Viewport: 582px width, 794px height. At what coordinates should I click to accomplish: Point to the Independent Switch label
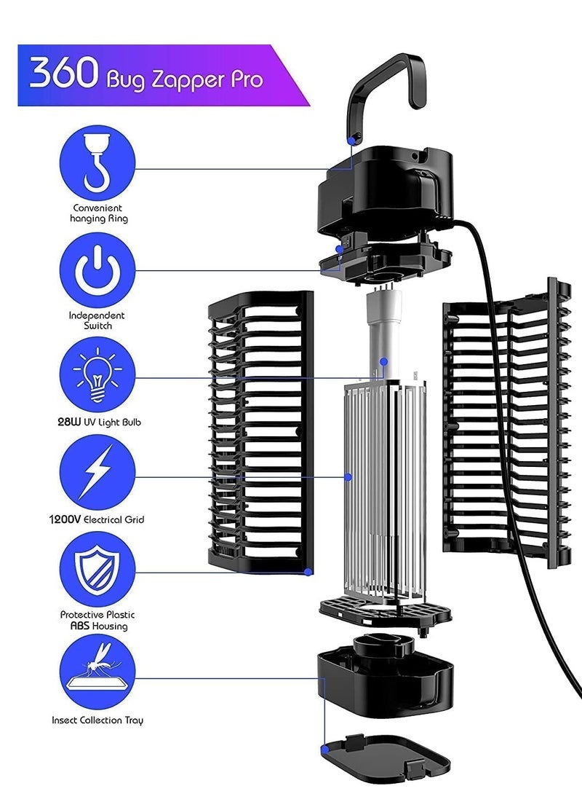pos(97,321)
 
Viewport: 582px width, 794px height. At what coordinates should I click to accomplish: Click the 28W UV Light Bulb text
pos(97,422)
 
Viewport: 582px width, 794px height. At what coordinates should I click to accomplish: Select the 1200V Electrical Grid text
pos(97,519)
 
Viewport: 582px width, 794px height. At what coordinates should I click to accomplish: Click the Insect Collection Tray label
pos(97,720)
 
